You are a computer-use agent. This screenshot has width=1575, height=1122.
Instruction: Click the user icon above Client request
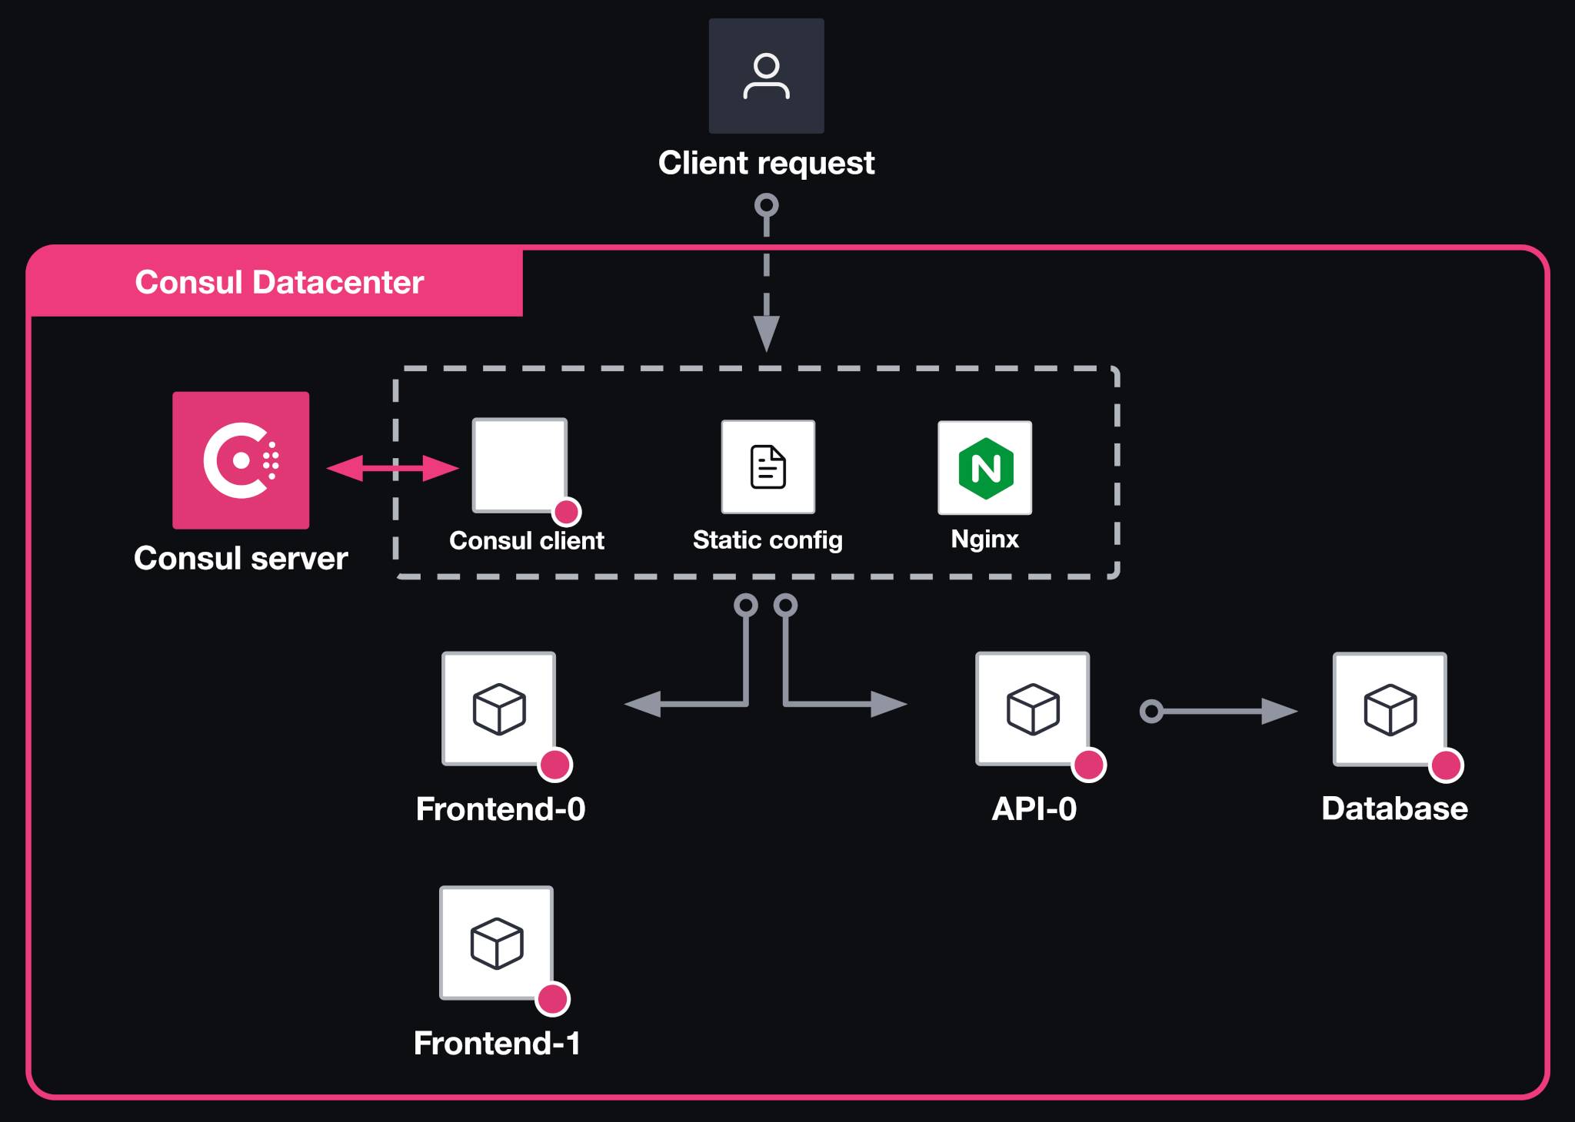tap(766, 76)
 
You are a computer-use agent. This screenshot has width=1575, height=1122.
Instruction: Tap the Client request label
tap(766, 163)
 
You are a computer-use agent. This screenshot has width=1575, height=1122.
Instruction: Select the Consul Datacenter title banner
tap(278, 282)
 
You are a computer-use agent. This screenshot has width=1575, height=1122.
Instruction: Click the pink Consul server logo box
tap(241, 460)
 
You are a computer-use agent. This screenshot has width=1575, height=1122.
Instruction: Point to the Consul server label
tap(241, 559)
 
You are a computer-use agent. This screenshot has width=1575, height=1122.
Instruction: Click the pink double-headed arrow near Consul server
tap(392, 467)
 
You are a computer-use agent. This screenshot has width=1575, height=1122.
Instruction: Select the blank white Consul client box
tap(519, 463)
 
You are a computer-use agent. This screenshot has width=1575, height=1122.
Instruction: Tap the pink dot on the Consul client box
tap(567, 512)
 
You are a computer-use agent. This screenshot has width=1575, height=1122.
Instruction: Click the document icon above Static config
tap(768, 466)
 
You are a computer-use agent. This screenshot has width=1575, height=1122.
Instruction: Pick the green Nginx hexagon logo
tap(985, 468)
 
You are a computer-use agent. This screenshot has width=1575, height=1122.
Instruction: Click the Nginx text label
tap(984, 539)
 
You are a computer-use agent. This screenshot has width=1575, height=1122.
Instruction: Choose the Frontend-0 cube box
tap(499, 708)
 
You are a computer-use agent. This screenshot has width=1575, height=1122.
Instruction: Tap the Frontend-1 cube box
tap(497, 942)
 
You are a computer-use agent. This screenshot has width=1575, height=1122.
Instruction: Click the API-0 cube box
tap(1033, 708)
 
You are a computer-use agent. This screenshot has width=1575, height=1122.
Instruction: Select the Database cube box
tap(1390, 709)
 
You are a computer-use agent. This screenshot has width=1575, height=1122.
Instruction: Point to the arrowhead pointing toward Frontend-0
tap(643, 703)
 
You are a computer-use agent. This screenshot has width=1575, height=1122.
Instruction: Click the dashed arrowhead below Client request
tap(766, 333)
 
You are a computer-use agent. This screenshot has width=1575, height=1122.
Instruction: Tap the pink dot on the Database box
tap(1446, 765)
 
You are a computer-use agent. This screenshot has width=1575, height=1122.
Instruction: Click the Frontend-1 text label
tap(497, 1043)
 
